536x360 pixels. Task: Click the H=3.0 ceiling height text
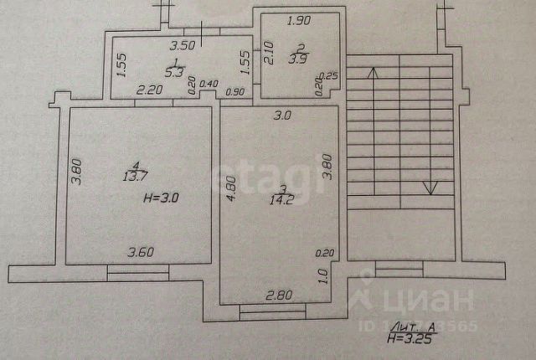pyautogui.click(x=163, y=198)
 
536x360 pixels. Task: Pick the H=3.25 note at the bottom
pyautogui.click(x=410, y=339)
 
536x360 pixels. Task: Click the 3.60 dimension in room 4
pyautogui.click(x=142, y=250)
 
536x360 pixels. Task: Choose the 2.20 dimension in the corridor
pyautogui.click(x=150, y=90)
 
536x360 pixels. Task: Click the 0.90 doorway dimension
pyautogui.click(x=234, y=91)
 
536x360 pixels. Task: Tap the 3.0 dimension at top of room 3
pyautogui.click(x=281, y=116)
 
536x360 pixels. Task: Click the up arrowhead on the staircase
pyautogui.click(x=374, y=72)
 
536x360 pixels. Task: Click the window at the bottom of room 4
pyautogui.click(x=137, y=270)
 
